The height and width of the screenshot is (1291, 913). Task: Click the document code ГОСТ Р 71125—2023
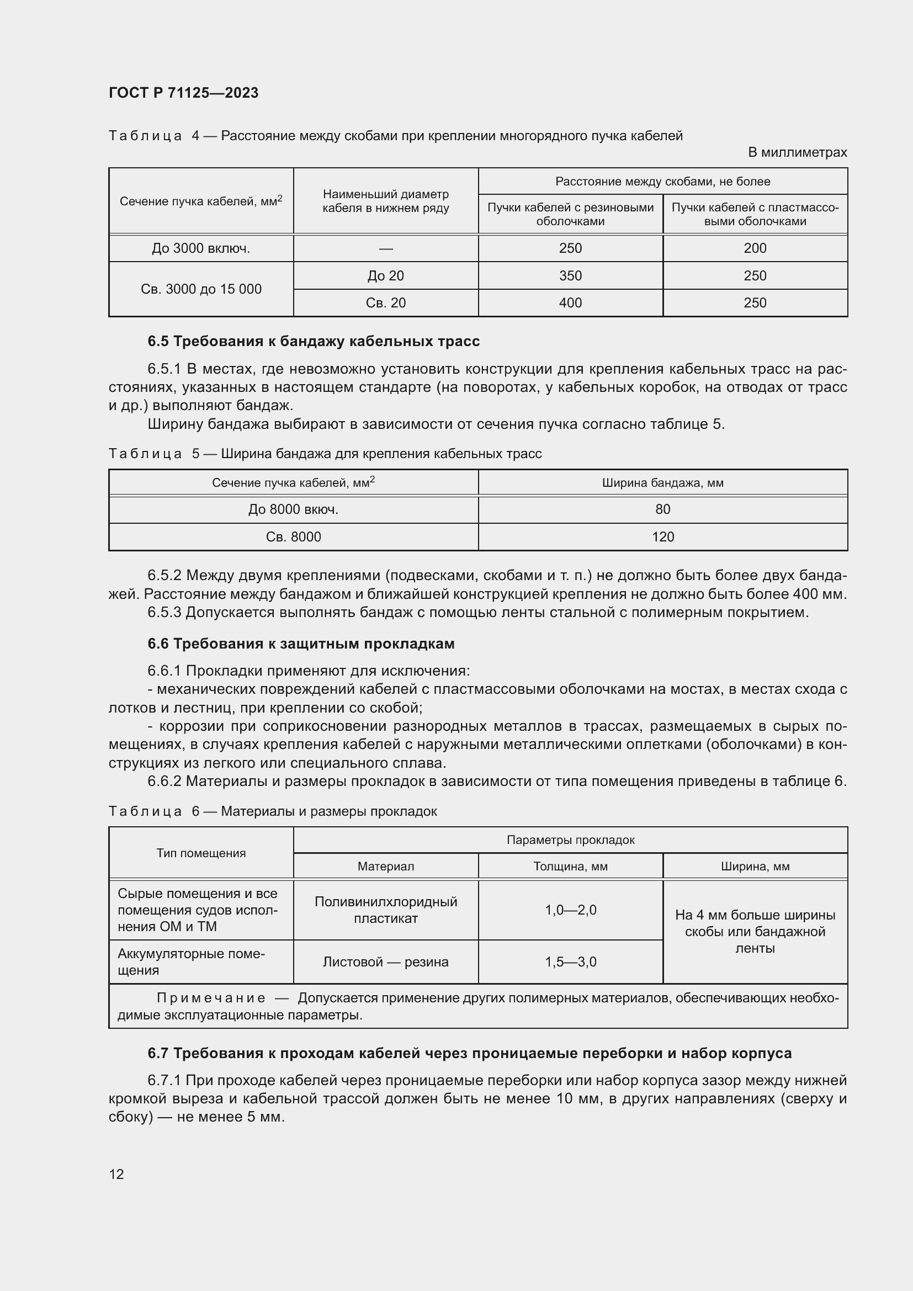click(x=183, y=93)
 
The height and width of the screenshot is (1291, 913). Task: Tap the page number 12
click(x=116, y=1174)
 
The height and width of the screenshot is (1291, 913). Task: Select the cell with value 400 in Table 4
click(x=570, y=303)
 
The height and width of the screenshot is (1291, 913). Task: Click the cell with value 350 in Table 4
click(x=570, y=275)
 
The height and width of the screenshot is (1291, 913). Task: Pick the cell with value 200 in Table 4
click(x=755, y=248)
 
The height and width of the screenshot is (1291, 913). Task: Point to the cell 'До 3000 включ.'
click(x=201, y=248)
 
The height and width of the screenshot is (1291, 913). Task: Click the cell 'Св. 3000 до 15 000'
click(x=201, y=289)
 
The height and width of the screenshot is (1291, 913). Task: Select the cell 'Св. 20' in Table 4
click(x=385, y=303)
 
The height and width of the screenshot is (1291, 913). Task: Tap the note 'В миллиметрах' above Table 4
click(x=797, y=152)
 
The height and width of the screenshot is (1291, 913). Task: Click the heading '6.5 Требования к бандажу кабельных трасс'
click(x=313, y=341)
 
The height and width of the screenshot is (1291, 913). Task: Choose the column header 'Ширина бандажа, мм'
click(x=662, y=482)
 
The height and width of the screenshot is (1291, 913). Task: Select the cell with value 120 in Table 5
click(x=662, y=537)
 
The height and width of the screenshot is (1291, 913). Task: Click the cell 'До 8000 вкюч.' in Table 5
click(x=293, y=509)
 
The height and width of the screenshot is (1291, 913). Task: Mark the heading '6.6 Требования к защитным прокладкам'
click(x=301, y=644)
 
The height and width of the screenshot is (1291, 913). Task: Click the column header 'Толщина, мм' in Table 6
click(x=570, y=867)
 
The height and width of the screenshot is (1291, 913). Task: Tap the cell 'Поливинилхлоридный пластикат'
click(x=385, y=910)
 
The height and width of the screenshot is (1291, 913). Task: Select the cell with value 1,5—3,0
click(x=570, y=962)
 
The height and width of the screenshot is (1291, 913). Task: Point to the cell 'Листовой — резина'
click(x=385, y=962)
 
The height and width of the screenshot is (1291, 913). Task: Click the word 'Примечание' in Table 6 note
click(x=210, y=998)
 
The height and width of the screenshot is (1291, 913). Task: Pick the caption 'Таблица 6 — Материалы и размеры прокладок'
click(x=273, y=811)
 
